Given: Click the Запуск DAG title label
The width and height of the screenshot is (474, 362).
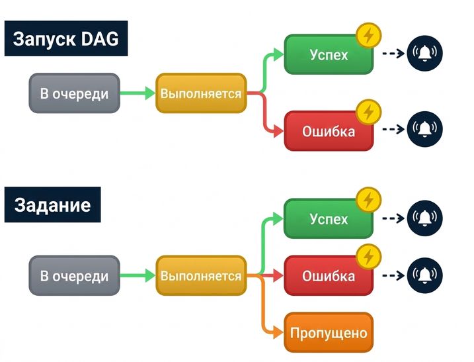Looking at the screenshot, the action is pyautogui.click(x=66, y=38).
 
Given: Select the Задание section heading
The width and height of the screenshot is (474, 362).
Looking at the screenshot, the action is pyautogui.click(x=52, y=205).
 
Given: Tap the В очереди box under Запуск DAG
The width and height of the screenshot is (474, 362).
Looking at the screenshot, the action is pyautogui.click(x=74, y=93).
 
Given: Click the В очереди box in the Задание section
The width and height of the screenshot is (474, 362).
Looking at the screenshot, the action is pyautogui.click(x=74, y=276).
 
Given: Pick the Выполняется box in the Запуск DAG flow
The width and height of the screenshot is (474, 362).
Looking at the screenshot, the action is pyautogui.click(x=201, y=93).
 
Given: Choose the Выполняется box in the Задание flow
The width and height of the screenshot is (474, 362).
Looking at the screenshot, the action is pyautogui.click(x=201, y=276).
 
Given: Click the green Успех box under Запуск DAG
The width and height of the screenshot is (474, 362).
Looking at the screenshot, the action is pyautogui.click(x=329, y=55).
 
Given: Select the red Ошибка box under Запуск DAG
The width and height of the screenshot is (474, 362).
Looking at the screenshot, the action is pyautogui.click(x=329, y=131).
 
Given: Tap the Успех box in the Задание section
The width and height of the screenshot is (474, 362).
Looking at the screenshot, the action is pyautogui.click(x=329, y=219).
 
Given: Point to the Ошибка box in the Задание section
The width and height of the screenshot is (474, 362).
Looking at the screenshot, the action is pyautogui.click(x=329, y=276).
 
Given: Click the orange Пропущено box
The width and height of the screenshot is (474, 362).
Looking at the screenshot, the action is pyautogui.click(x=329, y=333).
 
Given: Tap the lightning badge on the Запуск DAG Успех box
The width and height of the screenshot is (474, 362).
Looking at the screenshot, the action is pyautogui.click(x=368, y=36).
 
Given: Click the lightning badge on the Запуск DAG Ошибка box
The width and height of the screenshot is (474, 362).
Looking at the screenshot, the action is pyautogui.click(x=368, y=112).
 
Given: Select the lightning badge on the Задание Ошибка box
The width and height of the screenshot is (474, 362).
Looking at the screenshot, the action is pyautogui.click(x=368, y=257).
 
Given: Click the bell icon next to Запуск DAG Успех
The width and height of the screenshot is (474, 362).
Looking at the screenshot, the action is pyautogui.click(x=424, y=53).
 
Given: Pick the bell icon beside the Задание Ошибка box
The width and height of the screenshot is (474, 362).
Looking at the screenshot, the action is pyautogui.click(x=424, y=275).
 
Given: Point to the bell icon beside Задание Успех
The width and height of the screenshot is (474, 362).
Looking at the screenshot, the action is pyautogui.click(x=424, y=218).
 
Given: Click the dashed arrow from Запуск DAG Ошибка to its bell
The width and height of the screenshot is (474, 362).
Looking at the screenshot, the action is pyautogui.click(x=393, y=129).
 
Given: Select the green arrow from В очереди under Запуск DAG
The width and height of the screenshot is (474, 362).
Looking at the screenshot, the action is pyautogui.click(x=138, y=93).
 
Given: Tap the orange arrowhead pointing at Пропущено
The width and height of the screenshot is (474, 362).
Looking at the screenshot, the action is pyautogui.click(x=278, y=333).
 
